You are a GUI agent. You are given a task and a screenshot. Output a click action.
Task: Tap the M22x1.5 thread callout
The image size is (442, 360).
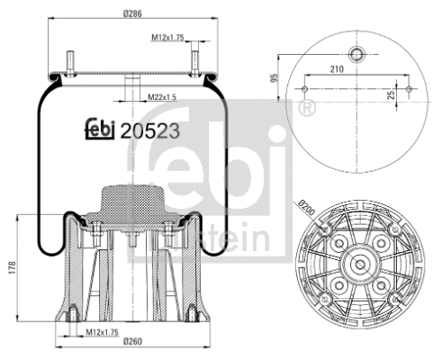[x=162, y=95]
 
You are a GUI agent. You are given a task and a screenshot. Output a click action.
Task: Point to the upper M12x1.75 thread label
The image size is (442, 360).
[x=167, y=38]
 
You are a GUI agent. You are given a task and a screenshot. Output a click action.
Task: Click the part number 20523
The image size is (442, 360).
[x=151, y=129]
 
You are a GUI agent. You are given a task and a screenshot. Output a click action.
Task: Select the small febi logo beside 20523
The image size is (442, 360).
[x=101, y=130]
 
